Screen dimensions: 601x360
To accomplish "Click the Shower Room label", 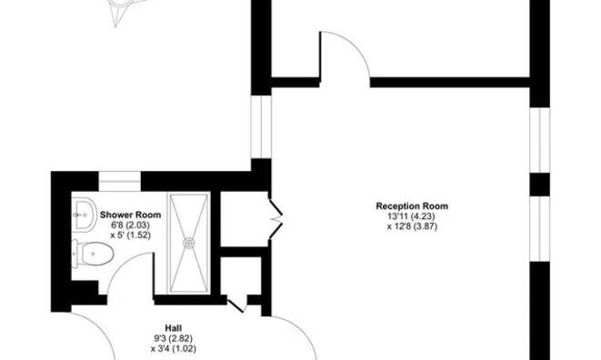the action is tap(130, 215).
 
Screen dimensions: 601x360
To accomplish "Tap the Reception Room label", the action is tap(412, 206).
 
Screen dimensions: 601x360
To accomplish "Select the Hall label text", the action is tap(174, 328).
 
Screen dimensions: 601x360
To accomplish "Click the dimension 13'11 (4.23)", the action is tap(412, 216).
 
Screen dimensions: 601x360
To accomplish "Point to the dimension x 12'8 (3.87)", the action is tap(412, 226).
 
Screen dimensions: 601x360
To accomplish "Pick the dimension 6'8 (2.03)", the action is tap(130, 225).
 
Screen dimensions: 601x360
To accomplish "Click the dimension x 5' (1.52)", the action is tap(130, 235).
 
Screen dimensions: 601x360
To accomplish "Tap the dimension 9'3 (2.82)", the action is tap(174, 338).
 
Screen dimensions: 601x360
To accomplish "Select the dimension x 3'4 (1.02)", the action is tap(174, 349).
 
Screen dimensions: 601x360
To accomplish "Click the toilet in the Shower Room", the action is tap(93, 254).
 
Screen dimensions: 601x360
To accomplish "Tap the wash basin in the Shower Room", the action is tap(84, 214).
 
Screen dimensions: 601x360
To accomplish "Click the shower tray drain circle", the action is tap(188, 243).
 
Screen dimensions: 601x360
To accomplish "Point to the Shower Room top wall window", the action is tap(120, 181).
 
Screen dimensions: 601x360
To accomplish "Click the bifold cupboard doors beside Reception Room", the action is tap(276, 218).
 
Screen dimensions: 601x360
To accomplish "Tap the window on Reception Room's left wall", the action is tap(261, 127).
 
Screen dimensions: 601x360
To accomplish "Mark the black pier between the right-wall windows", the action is tap(540, 185).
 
